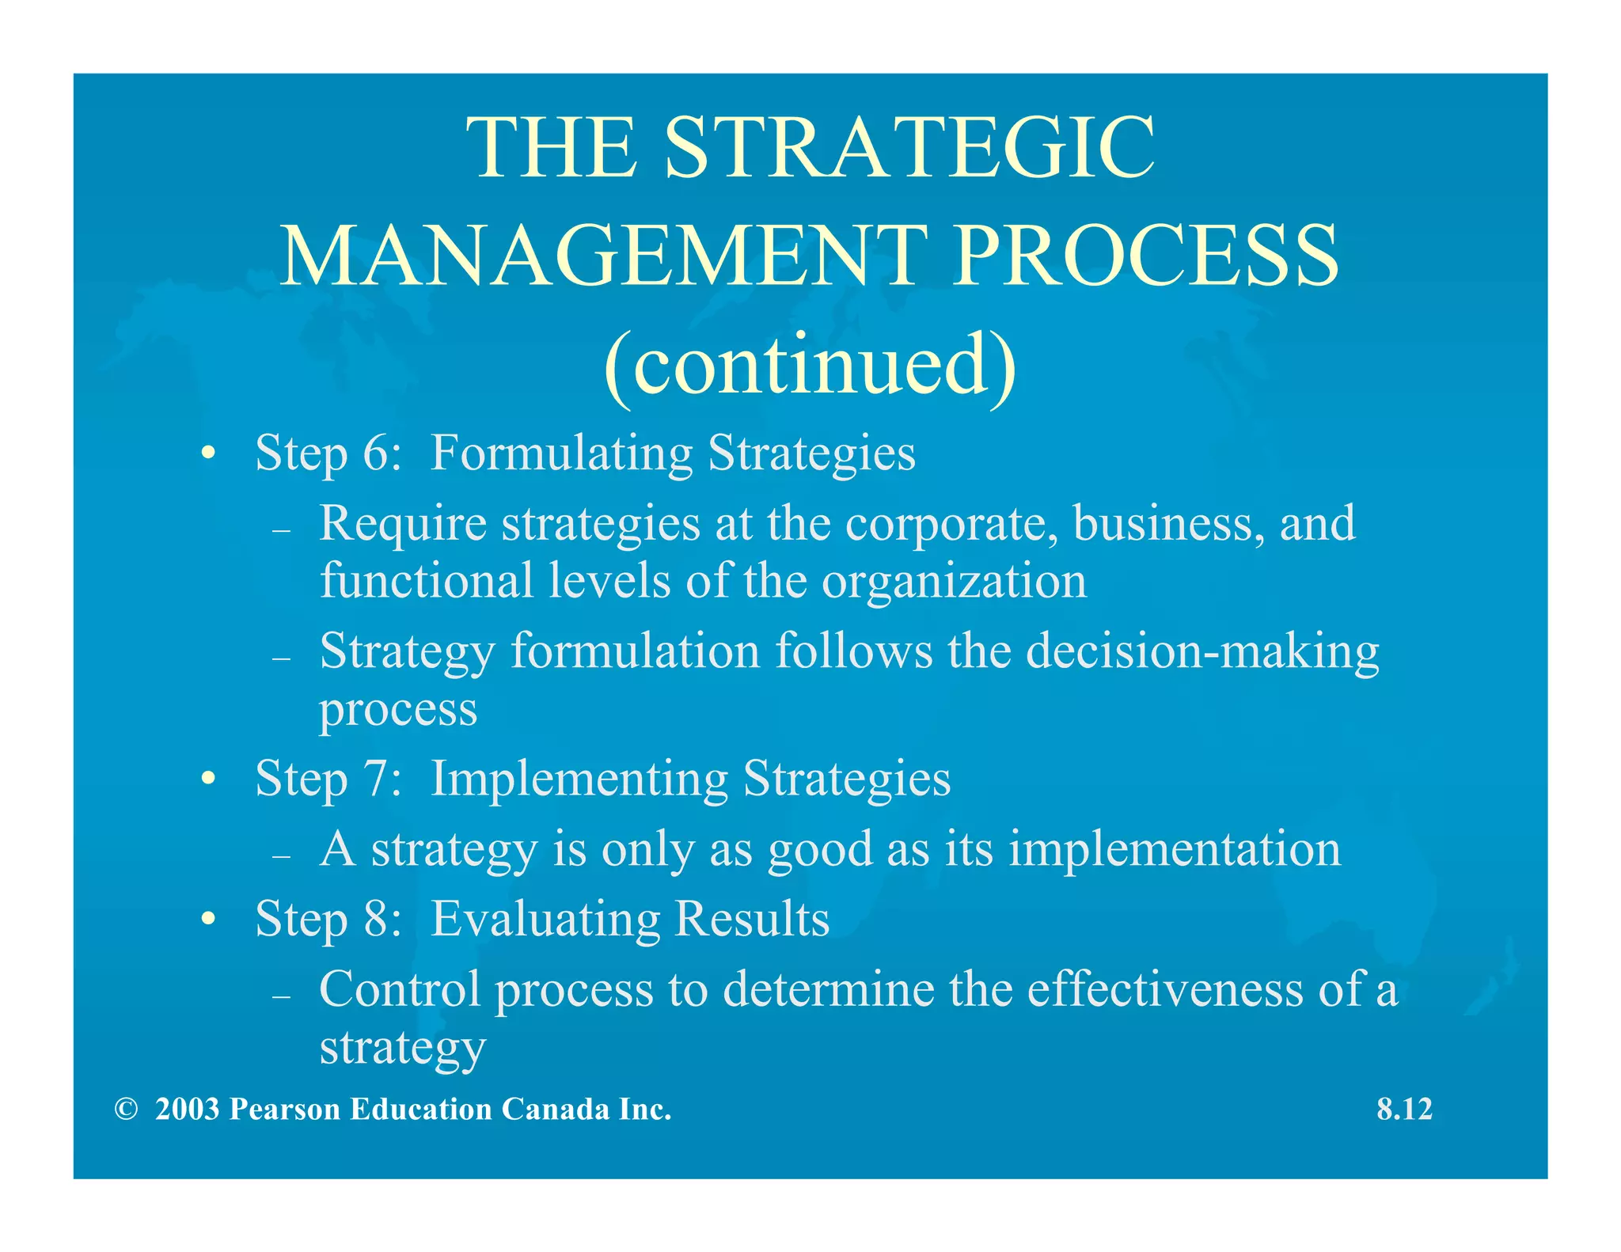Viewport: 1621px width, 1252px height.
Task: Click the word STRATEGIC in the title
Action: tap(909, 148)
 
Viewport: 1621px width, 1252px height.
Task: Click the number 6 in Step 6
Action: tap(376, 453)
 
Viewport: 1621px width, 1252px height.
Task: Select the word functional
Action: tap(427, 580)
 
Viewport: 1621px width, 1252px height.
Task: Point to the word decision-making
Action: tap(1202, 652)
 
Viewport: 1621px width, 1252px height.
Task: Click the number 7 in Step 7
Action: tap(376, 779)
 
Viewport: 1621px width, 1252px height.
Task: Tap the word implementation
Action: tap(1175, 849)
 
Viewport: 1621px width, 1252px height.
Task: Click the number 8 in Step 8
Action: tap(376, 920)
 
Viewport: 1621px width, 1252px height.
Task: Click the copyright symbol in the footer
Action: tap(126, 1110)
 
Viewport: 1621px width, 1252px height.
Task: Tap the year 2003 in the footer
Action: tap(187, 1110)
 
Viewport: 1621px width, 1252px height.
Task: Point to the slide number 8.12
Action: tap(1404, 1110)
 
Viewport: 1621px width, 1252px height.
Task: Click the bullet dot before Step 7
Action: tap(208, 780)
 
